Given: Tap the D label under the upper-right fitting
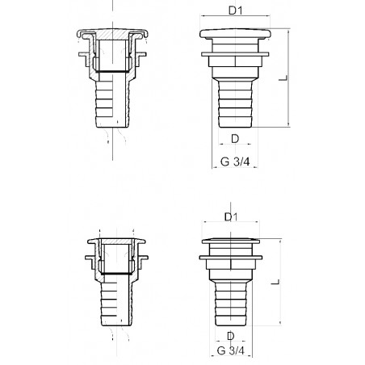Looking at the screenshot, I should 234,139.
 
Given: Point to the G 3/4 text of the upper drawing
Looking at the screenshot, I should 234,162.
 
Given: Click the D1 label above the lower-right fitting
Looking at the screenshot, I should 230,217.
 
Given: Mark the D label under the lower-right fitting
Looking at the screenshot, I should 231,336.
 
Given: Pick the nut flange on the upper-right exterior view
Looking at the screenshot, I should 234,58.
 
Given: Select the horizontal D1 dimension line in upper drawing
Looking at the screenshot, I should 233,22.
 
